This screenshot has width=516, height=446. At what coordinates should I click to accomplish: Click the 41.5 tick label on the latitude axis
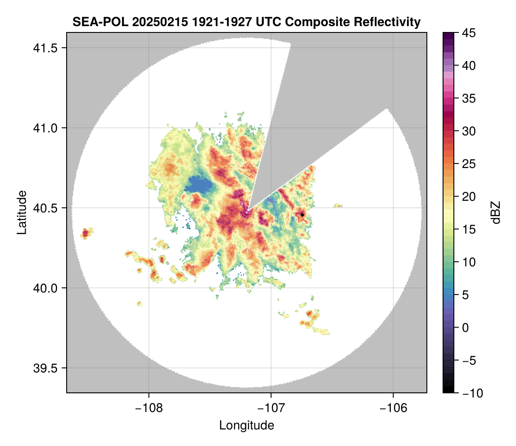tap(45, 48)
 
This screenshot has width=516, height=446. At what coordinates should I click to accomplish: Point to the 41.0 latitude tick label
tap(45, 128)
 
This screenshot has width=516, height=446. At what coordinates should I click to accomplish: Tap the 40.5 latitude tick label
tap(45, 208)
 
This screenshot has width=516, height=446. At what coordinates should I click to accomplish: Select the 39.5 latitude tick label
tap(45, 368)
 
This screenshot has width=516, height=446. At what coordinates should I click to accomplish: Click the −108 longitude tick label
tap(149, 408)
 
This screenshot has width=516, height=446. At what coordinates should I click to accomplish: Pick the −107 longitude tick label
tap(271, 408)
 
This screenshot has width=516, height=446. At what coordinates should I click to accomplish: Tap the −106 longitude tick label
tap(393, 408)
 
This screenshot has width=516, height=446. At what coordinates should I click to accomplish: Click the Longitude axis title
tap(246, 425)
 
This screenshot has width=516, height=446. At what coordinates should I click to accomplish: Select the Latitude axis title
tap(22, 213)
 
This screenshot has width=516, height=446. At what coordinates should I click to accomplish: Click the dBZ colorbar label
tap(496, 213)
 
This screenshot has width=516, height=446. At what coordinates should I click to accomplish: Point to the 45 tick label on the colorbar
tap(469, 33)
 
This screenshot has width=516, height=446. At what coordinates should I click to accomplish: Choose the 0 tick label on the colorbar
tap(465, 328)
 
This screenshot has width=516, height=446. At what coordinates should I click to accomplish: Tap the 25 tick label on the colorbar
tap(469, 164)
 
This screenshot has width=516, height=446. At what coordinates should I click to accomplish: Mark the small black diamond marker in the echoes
tap(302, 215)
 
